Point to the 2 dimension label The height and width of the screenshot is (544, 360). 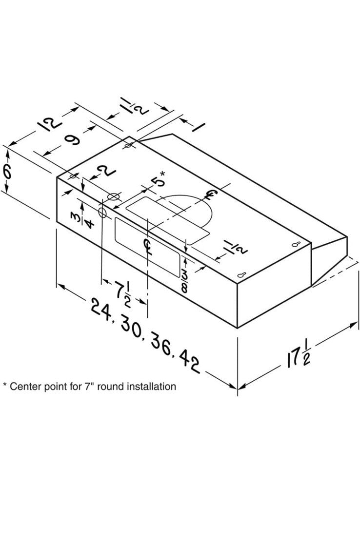[106, 171]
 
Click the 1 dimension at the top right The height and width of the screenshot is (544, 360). [198, 127]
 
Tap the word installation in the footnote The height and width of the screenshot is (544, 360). [151, 387]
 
